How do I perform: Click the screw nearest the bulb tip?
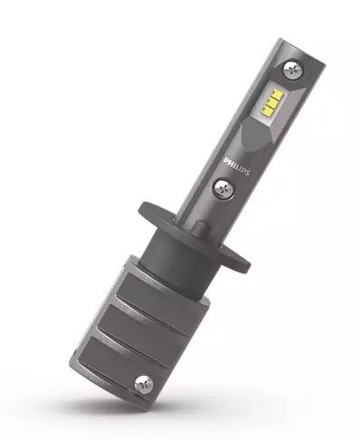[292, 70]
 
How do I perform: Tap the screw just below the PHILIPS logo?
[223, 188]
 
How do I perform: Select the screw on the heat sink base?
[144, 385]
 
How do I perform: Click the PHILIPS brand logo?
[237, 167]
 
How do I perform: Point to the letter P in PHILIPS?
[226, 160]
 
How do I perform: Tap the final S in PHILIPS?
[248, 172]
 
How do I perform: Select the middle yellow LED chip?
[271, 102]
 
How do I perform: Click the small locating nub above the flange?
[202, 228]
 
